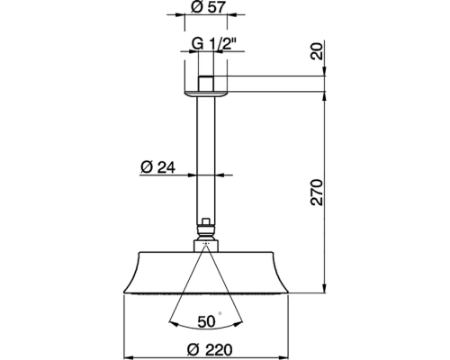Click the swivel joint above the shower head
[208, 234]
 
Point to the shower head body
[208, 270]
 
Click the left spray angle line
[188, 288]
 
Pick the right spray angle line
[228, 288]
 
